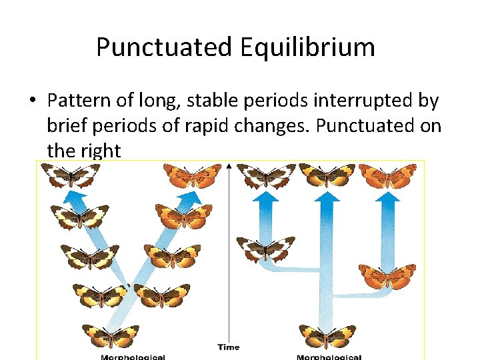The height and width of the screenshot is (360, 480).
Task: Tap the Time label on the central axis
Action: [228, 347]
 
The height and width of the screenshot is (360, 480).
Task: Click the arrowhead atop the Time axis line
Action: [229, 164]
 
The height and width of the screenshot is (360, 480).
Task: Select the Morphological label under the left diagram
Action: [133, 357]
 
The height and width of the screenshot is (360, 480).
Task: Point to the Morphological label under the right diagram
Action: [328, 357]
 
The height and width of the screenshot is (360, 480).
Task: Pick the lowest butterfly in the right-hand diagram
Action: [327, 334]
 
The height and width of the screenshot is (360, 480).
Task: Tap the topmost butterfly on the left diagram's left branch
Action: [71, 175]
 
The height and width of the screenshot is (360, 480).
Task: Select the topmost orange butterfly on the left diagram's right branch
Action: [193, 175]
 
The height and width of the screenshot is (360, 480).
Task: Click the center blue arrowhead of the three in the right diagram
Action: [326, 197]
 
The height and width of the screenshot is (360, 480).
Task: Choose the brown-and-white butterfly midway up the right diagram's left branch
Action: [266, 249]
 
